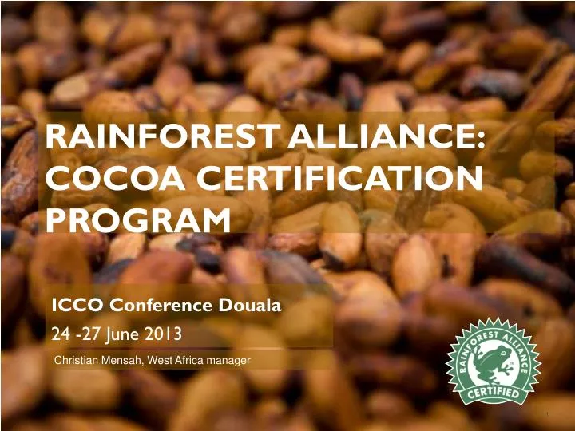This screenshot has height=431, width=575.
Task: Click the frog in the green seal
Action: (x=495, y=364)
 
